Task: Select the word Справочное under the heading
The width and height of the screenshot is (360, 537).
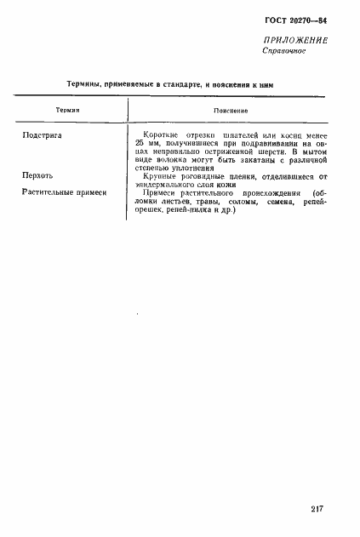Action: point(284,52)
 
